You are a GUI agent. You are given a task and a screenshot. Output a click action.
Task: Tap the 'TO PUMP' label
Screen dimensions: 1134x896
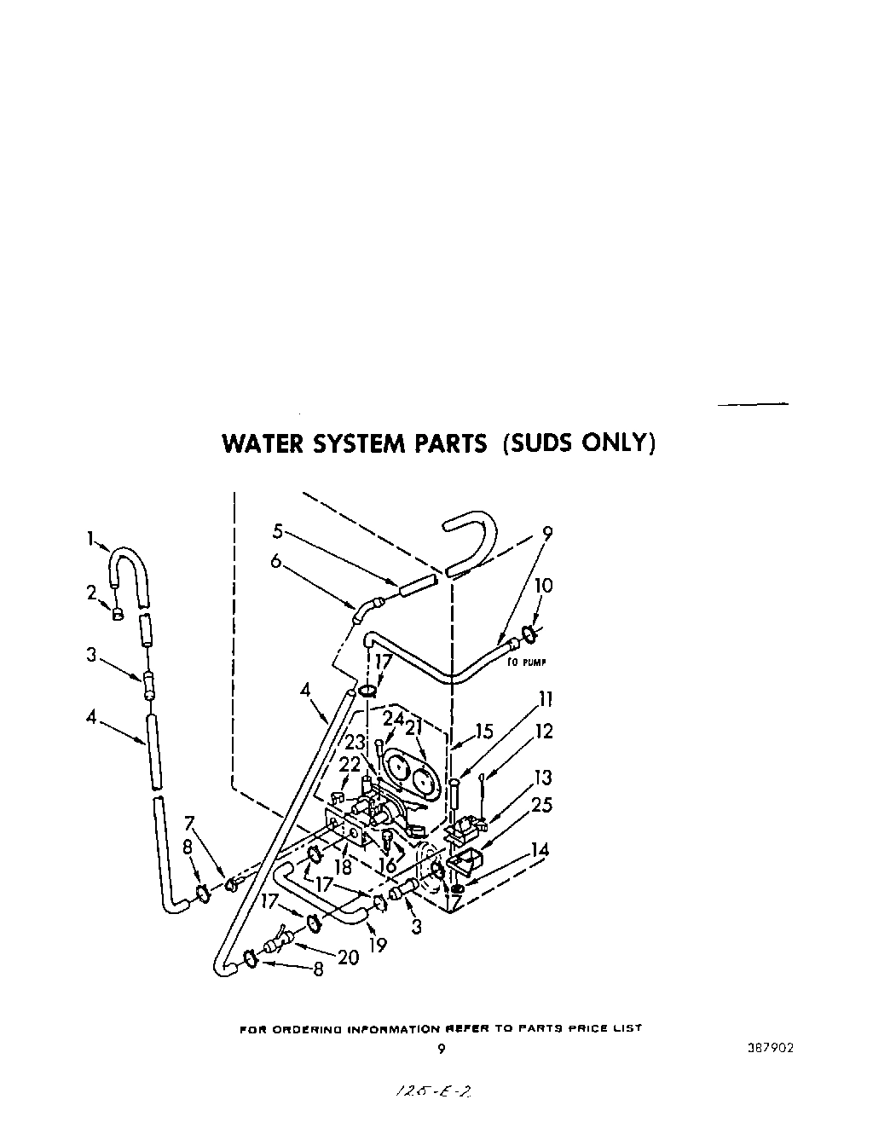[526, 662]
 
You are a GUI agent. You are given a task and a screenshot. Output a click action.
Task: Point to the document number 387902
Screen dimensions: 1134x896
[770, 1048]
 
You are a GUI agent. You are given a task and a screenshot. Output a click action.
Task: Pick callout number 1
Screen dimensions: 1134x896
[90, 538]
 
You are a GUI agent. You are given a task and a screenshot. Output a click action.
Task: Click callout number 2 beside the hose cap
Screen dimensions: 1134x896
[92, 593]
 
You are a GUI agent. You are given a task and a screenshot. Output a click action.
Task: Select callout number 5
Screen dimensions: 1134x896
[277, 530]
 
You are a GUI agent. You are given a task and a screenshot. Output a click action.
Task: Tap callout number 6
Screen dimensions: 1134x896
[276, 560]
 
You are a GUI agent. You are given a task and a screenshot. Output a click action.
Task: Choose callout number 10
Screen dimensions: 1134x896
[543, 586]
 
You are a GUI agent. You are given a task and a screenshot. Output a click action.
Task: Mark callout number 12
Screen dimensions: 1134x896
[544, 731]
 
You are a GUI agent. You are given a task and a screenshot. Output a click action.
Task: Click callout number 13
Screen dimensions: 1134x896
[542, 778]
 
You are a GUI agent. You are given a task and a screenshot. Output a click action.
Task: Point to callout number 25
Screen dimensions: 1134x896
[542, 805]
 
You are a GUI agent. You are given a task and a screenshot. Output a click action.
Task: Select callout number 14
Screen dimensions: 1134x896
[540, 849]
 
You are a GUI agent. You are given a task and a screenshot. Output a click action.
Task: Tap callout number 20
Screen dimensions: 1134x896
[348, 958]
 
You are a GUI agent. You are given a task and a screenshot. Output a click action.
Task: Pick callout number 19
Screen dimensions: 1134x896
[378, 945]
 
